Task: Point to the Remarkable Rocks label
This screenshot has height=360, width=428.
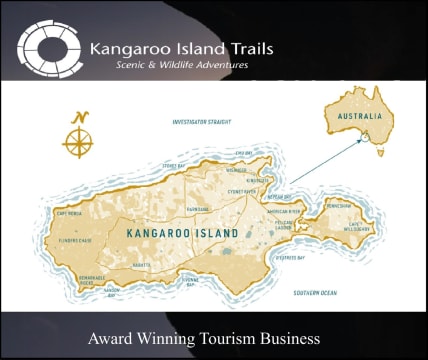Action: click(92, 281)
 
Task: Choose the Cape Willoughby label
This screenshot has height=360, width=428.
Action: click(358, 226)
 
